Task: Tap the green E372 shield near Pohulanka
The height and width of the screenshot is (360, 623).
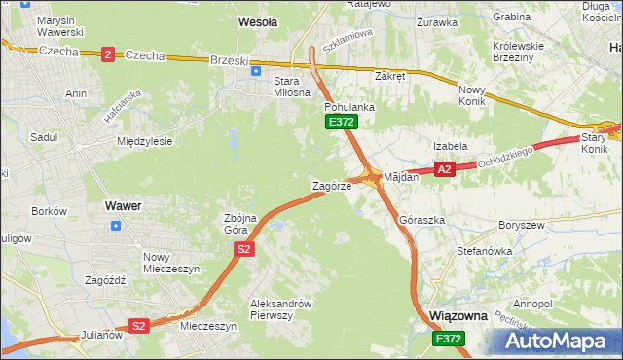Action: (342, 122)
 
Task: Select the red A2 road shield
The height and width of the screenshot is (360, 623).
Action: (444, 169)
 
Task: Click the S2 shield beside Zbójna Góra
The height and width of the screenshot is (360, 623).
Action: (243, 250)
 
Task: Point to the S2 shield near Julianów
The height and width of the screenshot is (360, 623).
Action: (139, 326)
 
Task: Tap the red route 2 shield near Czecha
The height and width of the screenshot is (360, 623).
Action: (107, 54)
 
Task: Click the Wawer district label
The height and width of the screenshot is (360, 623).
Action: (123, 206)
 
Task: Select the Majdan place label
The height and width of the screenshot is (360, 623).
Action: (400, 178)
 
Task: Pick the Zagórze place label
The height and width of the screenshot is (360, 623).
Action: (331, 186)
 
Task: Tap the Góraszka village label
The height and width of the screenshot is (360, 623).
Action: (421, 221)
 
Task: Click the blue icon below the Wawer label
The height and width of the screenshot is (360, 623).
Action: (117, 226)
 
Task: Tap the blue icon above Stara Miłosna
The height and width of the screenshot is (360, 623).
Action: (255, 70)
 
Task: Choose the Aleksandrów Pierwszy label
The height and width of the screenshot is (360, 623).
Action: (279, 308)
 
